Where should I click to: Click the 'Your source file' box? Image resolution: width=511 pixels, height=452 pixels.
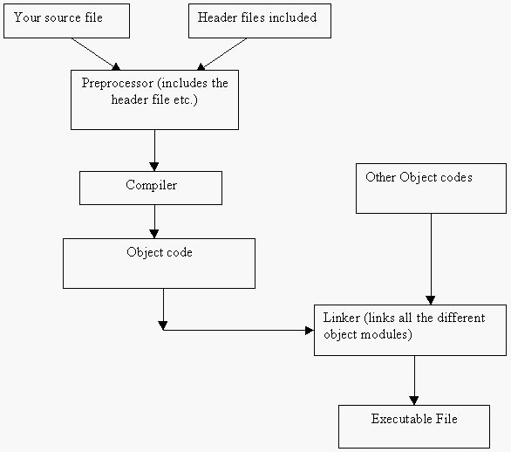66,21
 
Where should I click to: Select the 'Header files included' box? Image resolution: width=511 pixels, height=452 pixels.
260,21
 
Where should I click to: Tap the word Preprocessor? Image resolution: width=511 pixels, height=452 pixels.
118,84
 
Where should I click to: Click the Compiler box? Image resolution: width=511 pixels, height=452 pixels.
151,188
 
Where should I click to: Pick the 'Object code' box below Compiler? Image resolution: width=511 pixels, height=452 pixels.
159,264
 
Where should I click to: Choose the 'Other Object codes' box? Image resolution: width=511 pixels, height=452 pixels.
431,188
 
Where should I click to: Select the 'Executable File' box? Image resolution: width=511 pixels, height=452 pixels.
414,427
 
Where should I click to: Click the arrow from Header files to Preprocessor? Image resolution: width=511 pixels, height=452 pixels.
221,54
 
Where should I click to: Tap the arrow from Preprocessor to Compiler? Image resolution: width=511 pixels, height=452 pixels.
154,150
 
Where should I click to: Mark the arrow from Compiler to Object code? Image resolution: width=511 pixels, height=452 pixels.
154,222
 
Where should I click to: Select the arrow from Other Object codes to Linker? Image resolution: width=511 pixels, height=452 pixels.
431,259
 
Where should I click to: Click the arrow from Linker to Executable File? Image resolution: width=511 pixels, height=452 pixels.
414,380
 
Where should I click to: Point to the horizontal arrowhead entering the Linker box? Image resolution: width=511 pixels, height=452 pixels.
310,331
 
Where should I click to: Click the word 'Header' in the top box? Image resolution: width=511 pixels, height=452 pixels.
217,17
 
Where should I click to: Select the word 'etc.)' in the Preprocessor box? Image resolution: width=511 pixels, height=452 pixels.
186,99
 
